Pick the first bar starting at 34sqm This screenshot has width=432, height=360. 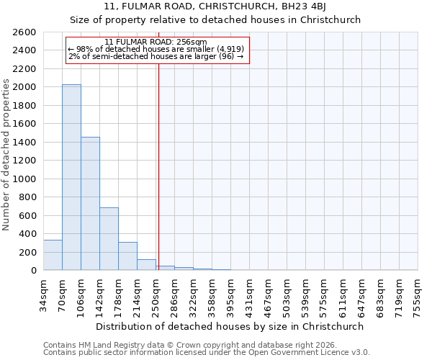tap(53, 256)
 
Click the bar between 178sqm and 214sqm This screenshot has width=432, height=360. tap(127, 256)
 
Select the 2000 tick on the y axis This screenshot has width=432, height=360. tap(25, 87)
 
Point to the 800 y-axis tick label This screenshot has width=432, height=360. tap(28, 197)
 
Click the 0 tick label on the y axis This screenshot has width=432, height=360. tap(33, 271)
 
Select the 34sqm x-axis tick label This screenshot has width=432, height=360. tap(44, 294)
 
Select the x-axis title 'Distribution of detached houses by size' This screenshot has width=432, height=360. tap(230, 326)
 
